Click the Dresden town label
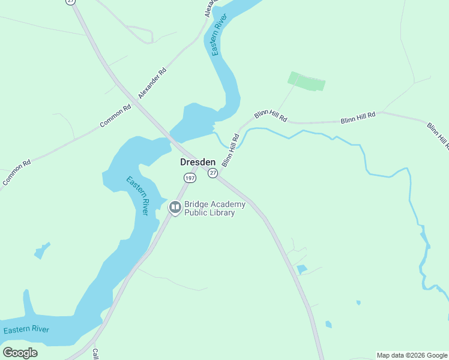click(x=197, y=162)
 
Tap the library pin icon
click(x=175, y=208)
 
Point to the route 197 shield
click(x=190, y=178)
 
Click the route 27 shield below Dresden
click(x=212, y=173)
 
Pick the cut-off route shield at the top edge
click(x=71, y=2)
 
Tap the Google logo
click(x=20, y=353)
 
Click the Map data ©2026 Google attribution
click(x=412, y=355)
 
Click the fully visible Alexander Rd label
click(x=152, y=83)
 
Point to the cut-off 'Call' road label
click(x=95, y=353)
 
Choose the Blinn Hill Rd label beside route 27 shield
click(x=231, y=150)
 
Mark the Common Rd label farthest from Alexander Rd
click(x=17, y=172)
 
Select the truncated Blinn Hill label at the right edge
click(x=438, y=135)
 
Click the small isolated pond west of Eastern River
click(x=41, y=250)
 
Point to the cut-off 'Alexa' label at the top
click(x=209, y=7)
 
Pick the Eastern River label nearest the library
click(x=137, y=196)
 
